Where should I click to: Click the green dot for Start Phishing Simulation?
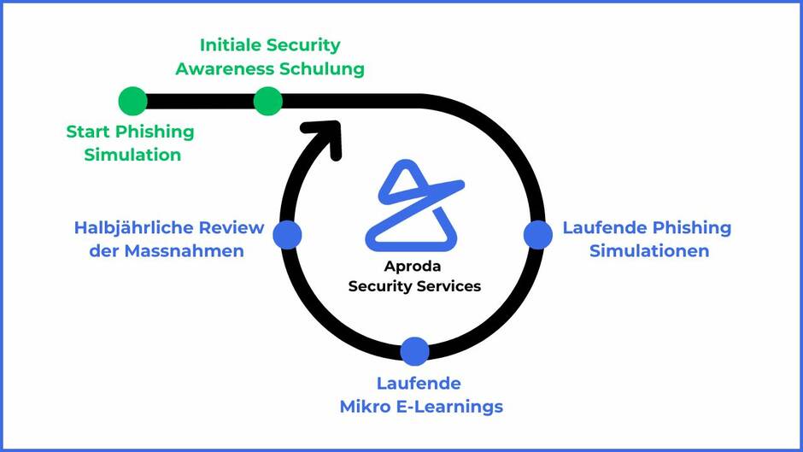click(x=132, y=101)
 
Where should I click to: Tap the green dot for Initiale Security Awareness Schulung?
click(x=267, y=101)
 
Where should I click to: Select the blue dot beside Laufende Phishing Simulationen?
click(x=537, y=234)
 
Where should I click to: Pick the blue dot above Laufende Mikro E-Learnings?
click(x=414, y=350)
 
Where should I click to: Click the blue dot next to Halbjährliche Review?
click(x=287, y=234)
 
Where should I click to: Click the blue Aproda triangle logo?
click(x=413, y=206)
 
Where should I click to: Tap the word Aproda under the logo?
click(x=414, y=267)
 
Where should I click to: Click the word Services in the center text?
click(x=449, y=286)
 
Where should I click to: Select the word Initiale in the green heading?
click(x=231, y=45)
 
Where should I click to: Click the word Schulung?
click(x=325, y=68)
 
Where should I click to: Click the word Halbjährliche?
click(x=134, y=228)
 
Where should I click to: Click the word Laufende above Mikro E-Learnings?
click(x=419, y=383)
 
